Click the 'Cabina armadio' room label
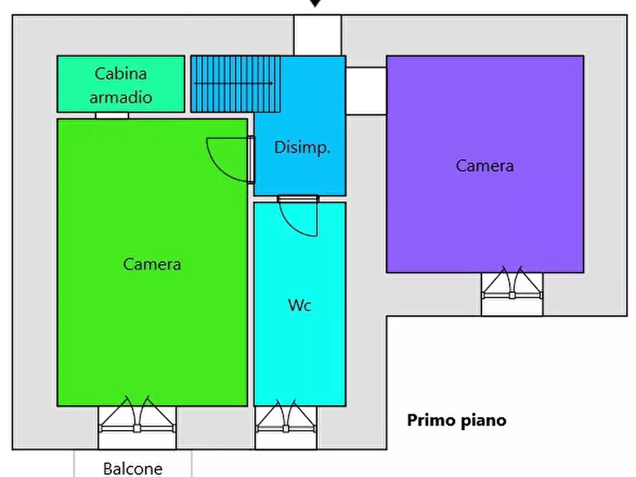[x=121, y=85]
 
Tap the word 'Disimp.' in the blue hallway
[x=302, y=147]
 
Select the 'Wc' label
[x=300, y=305]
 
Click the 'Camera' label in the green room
[x=152, y=264]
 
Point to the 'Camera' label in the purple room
[x=485, y=166]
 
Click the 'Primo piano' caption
[x=457, y=421]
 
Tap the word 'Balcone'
[x=133, y=469]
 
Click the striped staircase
[x=236, y=84]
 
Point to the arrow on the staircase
[x=234, y=83]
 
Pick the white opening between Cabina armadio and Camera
[x=112, y=115]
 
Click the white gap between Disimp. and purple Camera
[x=366, y=91]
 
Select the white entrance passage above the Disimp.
[x=318, y=36]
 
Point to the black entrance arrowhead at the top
[x=316, y=4]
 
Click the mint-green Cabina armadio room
[x=121, y=84]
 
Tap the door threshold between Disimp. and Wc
[x=298, y=199]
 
